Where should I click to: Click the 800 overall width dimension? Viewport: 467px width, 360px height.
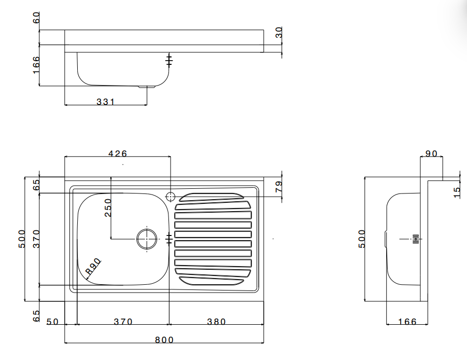(x=164, y=340)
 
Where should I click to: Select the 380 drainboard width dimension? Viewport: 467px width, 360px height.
(x=216, y=322)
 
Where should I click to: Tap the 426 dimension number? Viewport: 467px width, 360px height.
(x=117, y=154)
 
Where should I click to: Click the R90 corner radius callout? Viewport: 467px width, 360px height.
(x=93, y=267)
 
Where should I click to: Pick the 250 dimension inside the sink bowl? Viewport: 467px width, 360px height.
(x=108, y=207)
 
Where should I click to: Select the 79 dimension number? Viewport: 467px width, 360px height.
(x=278, y=187)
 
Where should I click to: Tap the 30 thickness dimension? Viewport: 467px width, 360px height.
(x=279, y=33)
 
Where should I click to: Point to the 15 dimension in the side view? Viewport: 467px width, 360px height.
(x=457, y=192)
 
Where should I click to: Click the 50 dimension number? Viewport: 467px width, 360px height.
(x=52, y=322)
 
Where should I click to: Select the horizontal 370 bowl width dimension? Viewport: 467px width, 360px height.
(x=123, y=322)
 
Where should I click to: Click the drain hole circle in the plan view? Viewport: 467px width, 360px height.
(x=147, y=239)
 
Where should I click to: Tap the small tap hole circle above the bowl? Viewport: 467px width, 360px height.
(x=171, y=196)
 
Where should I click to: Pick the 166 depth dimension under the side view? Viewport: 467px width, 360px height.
(x=407, y=322)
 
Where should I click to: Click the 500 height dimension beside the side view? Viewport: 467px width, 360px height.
(x=362, y=238)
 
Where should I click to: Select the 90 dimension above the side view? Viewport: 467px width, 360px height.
(x=431, y=154)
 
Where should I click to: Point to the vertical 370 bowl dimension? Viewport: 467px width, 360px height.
(x=36, y=239)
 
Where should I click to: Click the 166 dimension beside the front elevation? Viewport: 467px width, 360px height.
(x=36, y=65)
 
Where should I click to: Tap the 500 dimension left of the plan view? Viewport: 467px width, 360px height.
(x=22, y=239)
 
